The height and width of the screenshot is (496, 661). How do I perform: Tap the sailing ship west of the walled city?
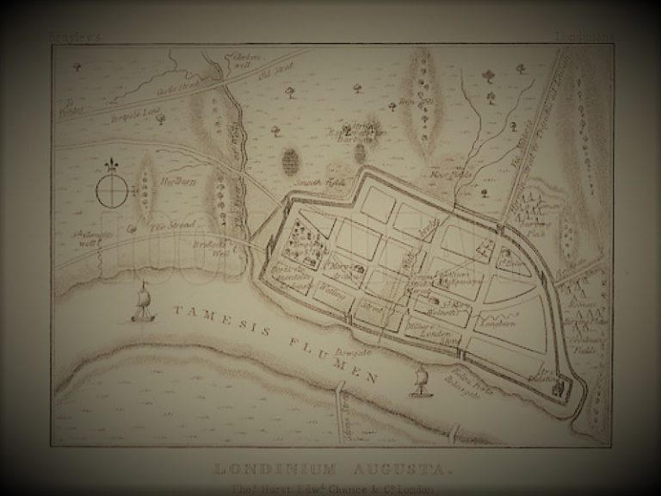(143, 305)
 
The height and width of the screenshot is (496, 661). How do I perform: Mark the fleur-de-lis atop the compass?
(112, 164)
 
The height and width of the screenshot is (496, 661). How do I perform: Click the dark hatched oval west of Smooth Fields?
(291, 161)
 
